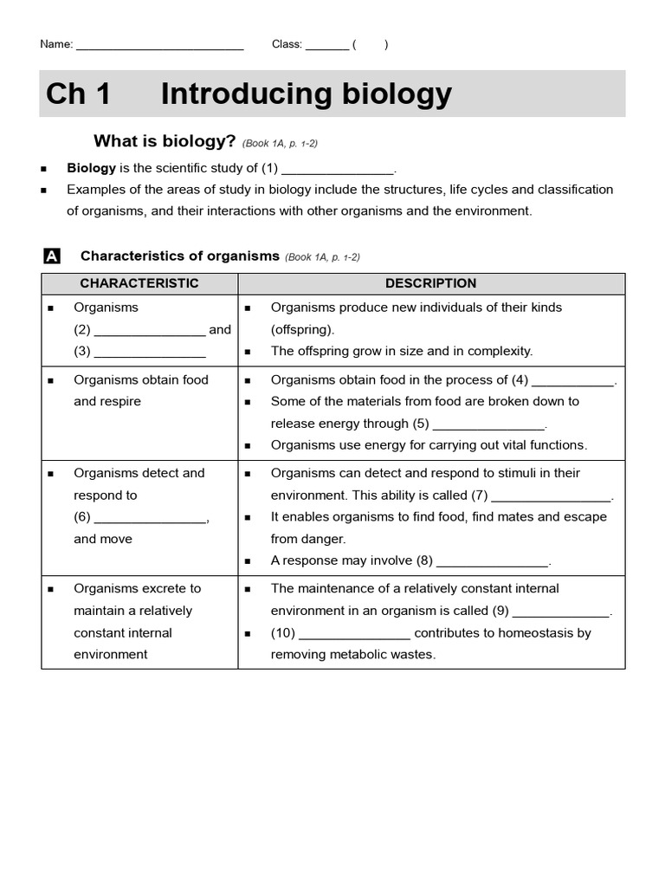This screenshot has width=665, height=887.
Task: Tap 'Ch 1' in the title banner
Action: coord(79,94)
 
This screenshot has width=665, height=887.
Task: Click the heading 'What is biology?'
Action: coord(165,141)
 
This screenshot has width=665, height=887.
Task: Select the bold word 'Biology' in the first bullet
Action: coord(91,168)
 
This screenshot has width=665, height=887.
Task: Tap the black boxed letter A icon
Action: coord(51,256)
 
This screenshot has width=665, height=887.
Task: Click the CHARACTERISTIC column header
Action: coord(139,283)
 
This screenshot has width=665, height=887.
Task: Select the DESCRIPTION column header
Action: coord(430,283)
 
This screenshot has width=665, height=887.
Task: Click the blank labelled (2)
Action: coord(149,332)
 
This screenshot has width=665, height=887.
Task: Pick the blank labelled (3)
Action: coord(149,353)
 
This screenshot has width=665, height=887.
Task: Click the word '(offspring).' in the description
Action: coord(302,329)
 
